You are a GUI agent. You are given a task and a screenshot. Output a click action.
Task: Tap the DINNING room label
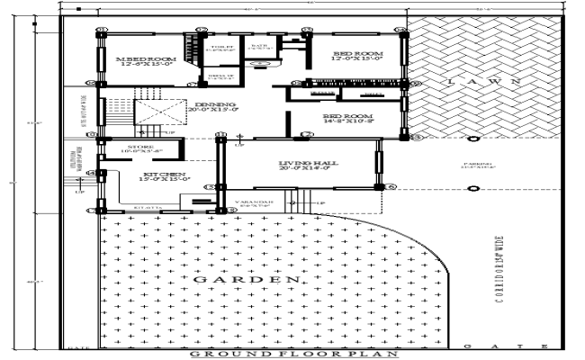(215, 105)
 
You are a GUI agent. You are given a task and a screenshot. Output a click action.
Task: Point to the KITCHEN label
(163, 174)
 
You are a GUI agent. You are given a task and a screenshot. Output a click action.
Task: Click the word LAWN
(481, 82)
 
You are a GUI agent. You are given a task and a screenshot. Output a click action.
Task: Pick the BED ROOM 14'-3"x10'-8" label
(347, 117)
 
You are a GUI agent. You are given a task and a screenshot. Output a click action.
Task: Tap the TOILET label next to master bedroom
(221, 48)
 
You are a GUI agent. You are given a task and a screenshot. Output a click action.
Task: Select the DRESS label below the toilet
(220, 78)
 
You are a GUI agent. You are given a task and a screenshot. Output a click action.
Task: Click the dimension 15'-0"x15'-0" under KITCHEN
(163, 180)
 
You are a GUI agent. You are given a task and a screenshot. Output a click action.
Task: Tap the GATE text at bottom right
(505, 346)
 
